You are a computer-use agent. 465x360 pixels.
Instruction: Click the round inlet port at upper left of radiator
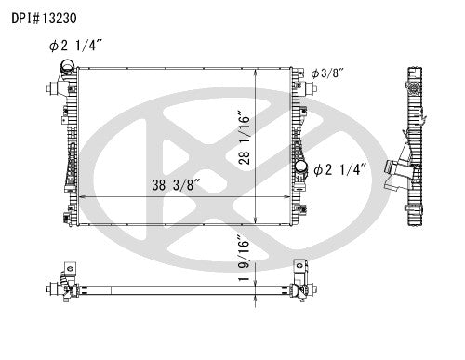coord(66,67)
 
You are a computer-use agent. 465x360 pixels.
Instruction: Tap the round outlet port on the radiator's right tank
coord(302,167)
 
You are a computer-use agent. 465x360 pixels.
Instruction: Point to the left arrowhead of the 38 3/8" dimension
coord(76,197)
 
